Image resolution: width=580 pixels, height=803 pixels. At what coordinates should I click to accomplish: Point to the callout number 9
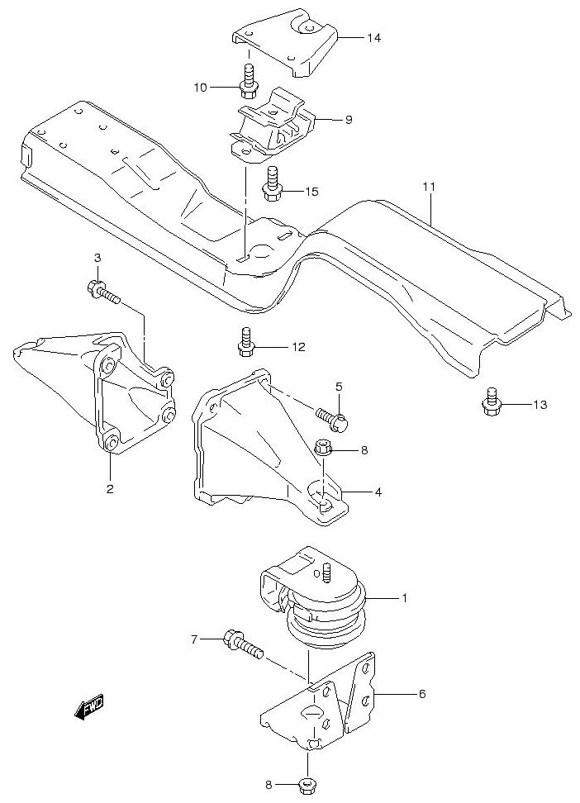(349, 120)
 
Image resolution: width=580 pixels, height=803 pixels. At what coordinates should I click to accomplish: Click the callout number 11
(428, 188)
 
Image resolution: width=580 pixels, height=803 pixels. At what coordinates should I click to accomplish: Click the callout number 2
(109, 488)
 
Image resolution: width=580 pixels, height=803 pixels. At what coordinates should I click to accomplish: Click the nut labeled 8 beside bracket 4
(324, 449)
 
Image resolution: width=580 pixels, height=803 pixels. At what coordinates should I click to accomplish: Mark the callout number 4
(378, 492)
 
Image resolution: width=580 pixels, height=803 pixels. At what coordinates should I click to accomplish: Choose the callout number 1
(405, 596)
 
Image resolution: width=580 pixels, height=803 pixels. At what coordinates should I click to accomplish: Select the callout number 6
(421, 694)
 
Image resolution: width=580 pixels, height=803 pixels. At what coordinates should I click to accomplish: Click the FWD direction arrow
(86, 707)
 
